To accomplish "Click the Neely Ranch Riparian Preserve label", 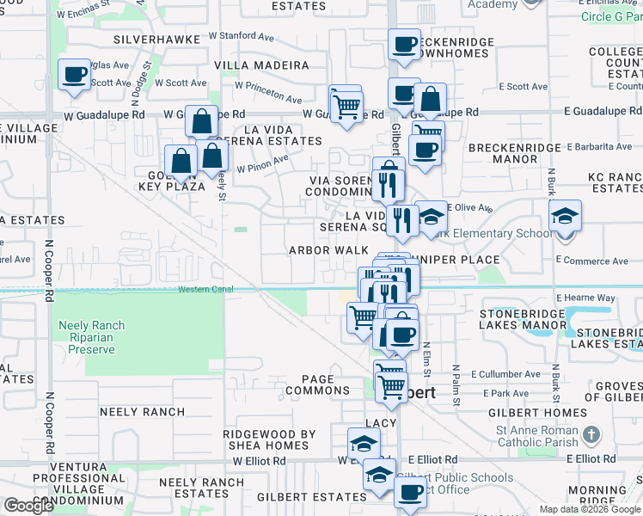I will click(91, 337).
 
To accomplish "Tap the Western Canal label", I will click(205, 290).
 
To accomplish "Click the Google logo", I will click(28, 506).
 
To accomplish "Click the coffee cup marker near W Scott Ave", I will click(75, 74).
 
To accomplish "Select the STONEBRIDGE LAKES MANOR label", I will click(524, 319).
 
